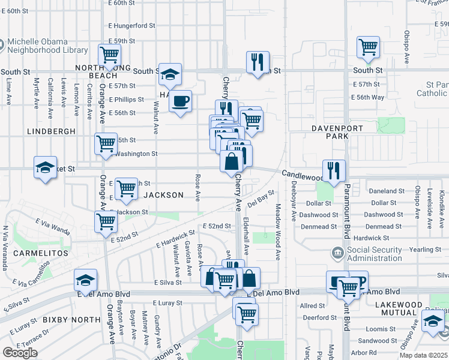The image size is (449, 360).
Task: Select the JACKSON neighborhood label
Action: pos(163,195)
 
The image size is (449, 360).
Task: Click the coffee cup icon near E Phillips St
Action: pos(180,101)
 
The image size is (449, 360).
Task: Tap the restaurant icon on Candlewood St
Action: pos(333,170)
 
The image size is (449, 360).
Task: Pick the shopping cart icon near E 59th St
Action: pos(110,55)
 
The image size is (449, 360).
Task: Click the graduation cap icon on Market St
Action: pos(45,168)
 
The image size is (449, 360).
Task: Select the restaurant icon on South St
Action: pos(258,62)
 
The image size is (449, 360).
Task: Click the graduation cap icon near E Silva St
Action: pos(85,280)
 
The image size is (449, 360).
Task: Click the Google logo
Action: pos(20,353)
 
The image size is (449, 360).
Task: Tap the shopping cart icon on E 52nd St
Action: pos(106,221)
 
